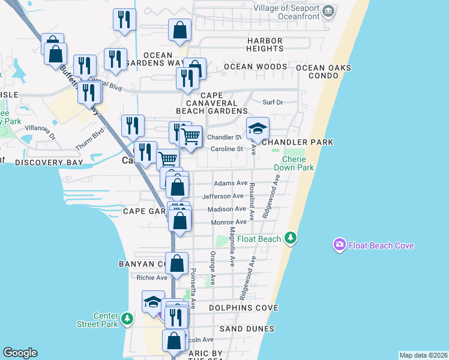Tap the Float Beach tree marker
291,239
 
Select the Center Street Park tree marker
127,319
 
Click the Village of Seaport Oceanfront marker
328,11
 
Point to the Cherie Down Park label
298,163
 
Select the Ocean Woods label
255,67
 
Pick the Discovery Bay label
49,163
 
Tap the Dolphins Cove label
244,308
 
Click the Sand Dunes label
247,329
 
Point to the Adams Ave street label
231,183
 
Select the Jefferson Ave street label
223,196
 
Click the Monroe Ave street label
229,223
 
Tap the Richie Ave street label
152,278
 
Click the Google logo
20,353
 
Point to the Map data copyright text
423,355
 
